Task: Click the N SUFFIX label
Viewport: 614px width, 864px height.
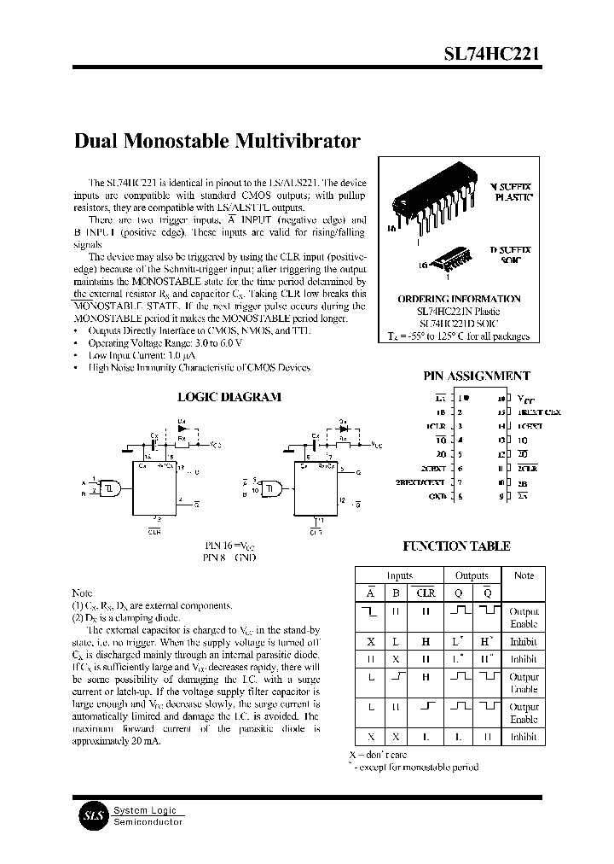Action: [x=509, y=184]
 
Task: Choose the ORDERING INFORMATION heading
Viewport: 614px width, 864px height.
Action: [x=459, y=299]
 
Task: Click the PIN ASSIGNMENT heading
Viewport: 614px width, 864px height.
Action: [x=477, y=376]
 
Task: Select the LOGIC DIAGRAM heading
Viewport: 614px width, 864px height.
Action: [x=229, y=397]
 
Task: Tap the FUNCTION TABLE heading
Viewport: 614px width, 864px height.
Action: [x=456, y=546]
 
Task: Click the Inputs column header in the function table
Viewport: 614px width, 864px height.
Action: [x=399, y=575]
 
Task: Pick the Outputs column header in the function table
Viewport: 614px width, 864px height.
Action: [x=472, y=575]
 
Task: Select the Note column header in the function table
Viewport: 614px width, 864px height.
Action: [x=523, y=575]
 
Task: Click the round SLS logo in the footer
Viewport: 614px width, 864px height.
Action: [x=91, y=816]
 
